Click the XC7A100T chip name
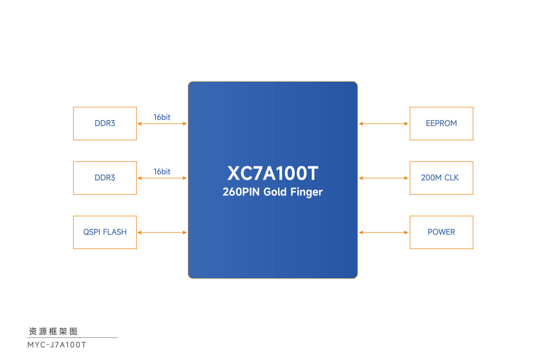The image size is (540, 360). pyautogui.click(x=273, y=174)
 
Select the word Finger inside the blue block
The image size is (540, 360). pyautogui.click(x=306, y=192)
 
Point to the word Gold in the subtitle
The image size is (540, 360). pyautogui.click(x=275, y=192)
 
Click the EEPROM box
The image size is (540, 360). pyautogui.click(x=441, y=123)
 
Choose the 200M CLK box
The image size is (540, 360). pyautogui.click(x=441, y=178)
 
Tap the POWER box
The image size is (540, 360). pyautogui.click(x=441, y=232)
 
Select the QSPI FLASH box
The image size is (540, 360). pyautogui.click(x=105, y=232)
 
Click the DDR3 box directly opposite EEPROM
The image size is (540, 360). pyautogui.click(x=105, y=123)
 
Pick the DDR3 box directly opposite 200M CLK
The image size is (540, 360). pyautogui.click(x=105, y=178)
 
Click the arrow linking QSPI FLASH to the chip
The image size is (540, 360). pyautogui.click(x=162, y=233)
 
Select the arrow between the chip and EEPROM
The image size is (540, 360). pyautogui.click(x=383, y=124)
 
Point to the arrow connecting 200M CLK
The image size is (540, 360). pyautogui.click(x=383, y=178)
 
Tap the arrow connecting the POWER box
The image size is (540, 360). pyautogui.click(x=383, y=233)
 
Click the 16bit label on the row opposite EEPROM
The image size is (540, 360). pyautogui.click(x=162, y=117)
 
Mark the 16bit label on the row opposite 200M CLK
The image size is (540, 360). pyautogui.click(x=162, y=172)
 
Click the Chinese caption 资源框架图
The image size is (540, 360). pyautogui.click(x=53, y=331)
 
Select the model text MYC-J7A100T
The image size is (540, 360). pyautogui.click(x=57, y=345)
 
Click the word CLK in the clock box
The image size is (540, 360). pyautogui.click(x=451, y=178)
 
